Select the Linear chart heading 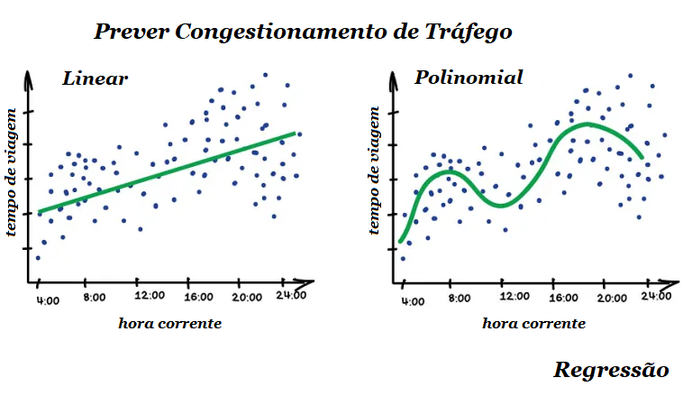coord(96,78)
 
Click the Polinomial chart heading coord(469,78)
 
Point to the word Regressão coord(612,370)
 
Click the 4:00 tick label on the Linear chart coord(48,296)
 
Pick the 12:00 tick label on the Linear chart coord(150,296)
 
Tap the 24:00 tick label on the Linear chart coord(291,295)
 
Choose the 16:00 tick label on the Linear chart coord(198,296)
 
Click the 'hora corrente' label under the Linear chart coord(169,323)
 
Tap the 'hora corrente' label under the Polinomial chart coord(534,323)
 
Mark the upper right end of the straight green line coord(295,134)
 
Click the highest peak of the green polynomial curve coord(586,124)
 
